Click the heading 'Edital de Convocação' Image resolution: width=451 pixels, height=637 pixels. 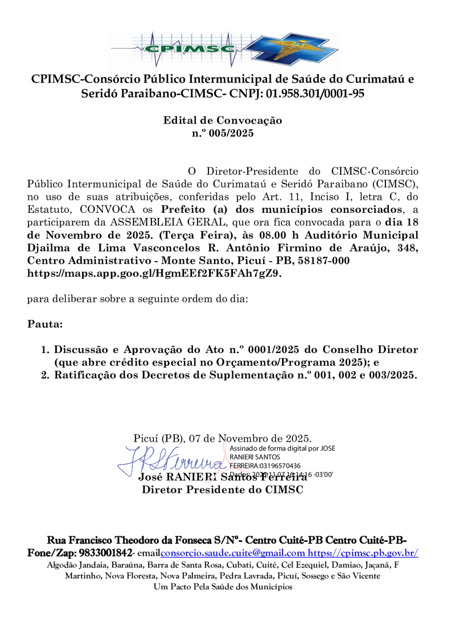coord(222,121)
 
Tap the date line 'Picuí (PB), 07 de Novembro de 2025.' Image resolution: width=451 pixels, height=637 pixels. coord(222,439)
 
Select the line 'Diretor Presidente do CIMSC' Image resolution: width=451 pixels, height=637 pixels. coord(222,489)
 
